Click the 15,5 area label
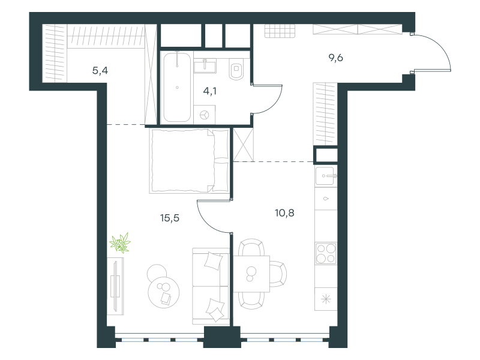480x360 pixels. [x=170, y=218]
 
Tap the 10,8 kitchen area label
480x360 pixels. [x=284, y=213]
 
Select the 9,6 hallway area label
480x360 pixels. [x=336, y=58]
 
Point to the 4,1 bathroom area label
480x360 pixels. [x=209, y=91]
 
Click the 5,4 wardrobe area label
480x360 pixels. [x=100, y=71]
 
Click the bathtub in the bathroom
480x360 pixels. [x=177, y=87]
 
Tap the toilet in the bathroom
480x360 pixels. [x=236, y=70]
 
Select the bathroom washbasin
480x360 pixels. [x=205, y=66]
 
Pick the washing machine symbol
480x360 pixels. [x=205, y=115]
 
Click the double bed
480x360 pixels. [x=190, y=161]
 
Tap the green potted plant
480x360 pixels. [x=121, y=243]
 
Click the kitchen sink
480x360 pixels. [x=326, y=176]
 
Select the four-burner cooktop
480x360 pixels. [x=326, y=253]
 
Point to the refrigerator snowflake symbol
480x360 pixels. [x=326, y=299]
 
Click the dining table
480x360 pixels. [x=251, y=274]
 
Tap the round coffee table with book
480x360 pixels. [x=163, y=292]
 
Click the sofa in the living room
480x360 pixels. [x=211, y=287]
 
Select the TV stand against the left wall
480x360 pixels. [x=115, y=286]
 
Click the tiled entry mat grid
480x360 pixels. [x=280, y=31]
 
